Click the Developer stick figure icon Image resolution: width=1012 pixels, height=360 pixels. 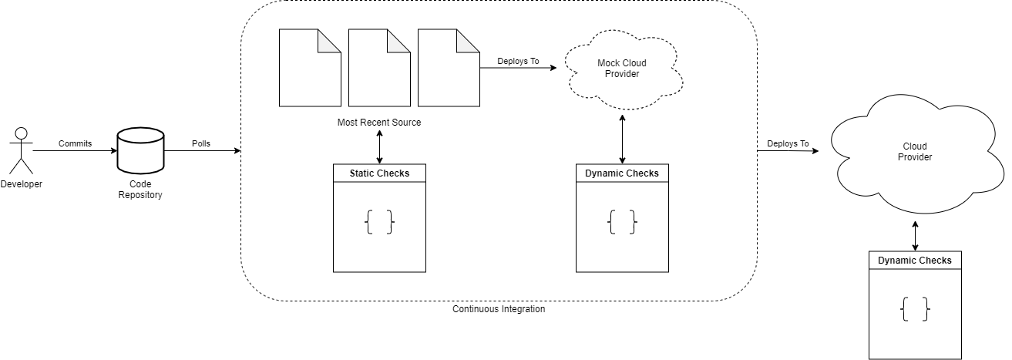tap(21, 151)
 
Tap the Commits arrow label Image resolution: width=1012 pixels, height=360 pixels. tap(75, 143)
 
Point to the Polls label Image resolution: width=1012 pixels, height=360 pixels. tap(200, 143)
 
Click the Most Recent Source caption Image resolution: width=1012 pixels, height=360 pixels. tap(379, 123)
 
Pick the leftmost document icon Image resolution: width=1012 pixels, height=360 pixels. tap(309, 68)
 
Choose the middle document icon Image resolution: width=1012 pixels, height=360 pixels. tap(378, 68)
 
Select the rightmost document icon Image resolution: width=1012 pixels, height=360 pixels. tap(448, 68)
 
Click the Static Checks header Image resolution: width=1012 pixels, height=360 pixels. tap(379, 173)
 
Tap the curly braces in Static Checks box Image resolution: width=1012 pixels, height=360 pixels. tap(379, 224)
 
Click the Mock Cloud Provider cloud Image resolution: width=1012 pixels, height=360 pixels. tap(622, 69)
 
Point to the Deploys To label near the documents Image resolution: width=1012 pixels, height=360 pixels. tap(518, 61)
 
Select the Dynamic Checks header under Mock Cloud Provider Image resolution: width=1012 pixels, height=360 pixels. tap(622, 173)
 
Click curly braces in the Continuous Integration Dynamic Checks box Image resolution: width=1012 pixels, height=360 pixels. tap(622, 223)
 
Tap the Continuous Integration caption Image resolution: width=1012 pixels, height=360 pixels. tap(499, 309)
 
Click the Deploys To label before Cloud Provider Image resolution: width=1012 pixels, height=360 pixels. tap(788, 144)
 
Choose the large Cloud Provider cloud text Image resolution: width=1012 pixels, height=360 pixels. tap(915, 152)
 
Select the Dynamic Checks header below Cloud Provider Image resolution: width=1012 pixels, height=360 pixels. tap(915, 261)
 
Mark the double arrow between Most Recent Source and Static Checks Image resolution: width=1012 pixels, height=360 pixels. tap(379, 146)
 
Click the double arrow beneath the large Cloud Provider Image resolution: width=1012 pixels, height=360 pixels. tap(915, 236)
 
